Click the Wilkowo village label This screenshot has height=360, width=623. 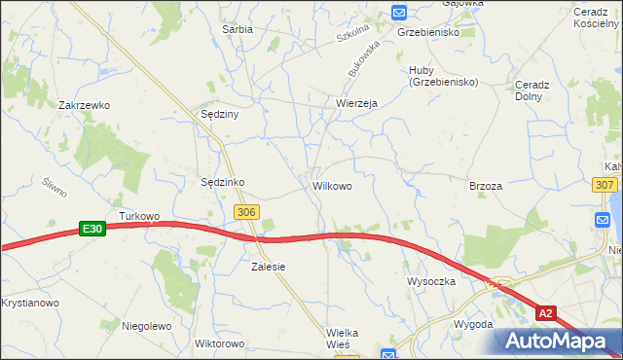click(332, 184)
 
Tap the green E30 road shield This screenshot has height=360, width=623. click(92, 229)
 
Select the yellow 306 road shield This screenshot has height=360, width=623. click(246, 211)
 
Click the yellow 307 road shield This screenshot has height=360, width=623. click(605, 184)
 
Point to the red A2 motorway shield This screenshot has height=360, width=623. click(548, 312)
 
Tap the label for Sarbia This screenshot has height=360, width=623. click(238, 29)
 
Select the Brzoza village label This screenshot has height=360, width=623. click(485, 186)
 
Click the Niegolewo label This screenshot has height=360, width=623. click(146, 326)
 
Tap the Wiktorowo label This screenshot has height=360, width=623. click(219, 343)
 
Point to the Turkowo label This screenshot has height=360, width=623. click(138, 215)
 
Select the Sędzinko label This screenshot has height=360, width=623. click(222, 182)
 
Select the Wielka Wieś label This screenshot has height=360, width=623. click(342, 339)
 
